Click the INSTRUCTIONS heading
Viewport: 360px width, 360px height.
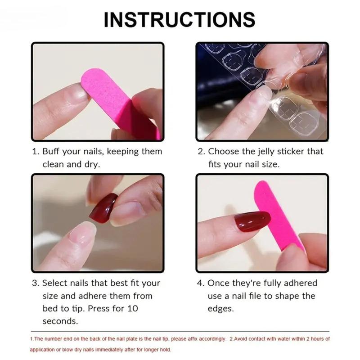point(180,20)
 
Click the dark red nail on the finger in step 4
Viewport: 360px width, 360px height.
point(252,221)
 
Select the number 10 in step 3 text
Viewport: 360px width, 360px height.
point(133,309)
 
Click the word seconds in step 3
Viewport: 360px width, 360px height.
point(60,321)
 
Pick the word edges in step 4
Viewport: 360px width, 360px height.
point(221,309)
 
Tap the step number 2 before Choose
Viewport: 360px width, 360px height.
point(201,152)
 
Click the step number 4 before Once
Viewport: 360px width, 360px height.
point(201,283)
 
